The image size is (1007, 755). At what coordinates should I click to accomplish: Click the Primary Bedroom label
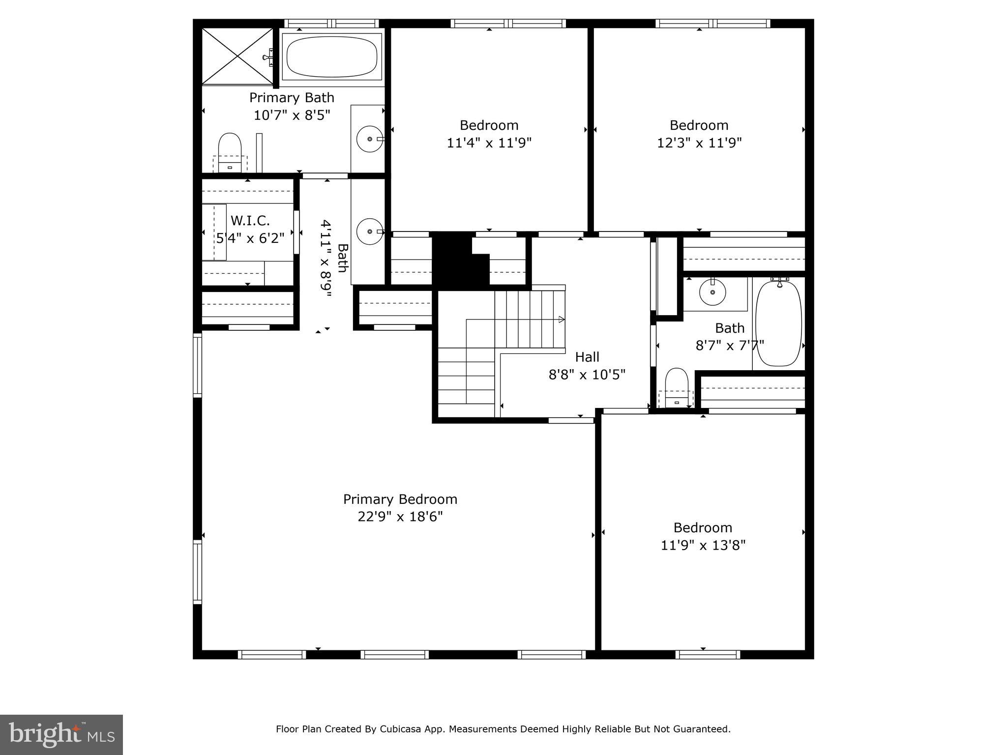coord(400,499)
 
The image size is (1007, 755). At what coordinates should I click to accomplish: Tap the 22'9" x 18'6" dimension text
coord(400,517)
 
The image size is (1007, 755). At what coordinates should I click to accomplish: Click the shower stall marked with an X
coord(237,56)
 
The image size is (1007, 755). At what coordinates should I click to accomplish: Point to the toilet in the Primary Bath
coord(230,150)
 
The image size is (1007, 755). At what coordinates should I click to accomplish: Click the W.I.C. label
coord(250,220)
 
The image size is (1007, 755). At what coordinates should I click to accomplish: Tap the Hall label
coord(587,357)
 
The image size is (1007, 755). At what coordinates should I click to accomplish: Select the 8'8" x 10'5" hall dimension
coord(587,375)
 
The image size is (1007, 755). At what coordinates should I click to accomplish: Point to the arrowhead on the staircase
coord(561,319)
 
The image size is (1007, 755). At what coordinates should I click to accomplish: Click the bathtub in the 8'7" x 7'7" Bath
coord(779,323)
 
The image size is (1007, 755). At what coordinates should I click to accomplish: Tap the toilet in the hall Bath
coord(677,386)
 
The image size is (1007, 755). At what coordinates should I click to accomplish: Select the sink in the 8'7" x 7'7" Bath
coord(712,292)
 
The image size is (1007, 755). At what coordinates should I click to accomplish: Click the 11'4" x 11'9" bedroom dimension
coord(489,143)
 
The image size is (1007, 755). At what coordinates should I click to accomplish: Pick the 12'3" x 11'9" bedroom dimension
coord(699,143)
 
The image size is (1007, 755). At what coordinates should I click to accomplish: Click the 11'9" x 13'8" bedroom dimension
coord(703,546)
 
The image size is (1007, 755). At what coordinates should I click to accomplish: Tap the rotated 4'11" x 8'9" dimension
coord(326,259)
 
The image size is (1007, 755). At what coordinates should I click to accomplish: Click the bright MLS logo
coord(61,734)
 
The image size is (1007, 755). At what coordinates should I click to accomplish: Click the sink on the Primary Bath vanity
coord(370,139)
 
